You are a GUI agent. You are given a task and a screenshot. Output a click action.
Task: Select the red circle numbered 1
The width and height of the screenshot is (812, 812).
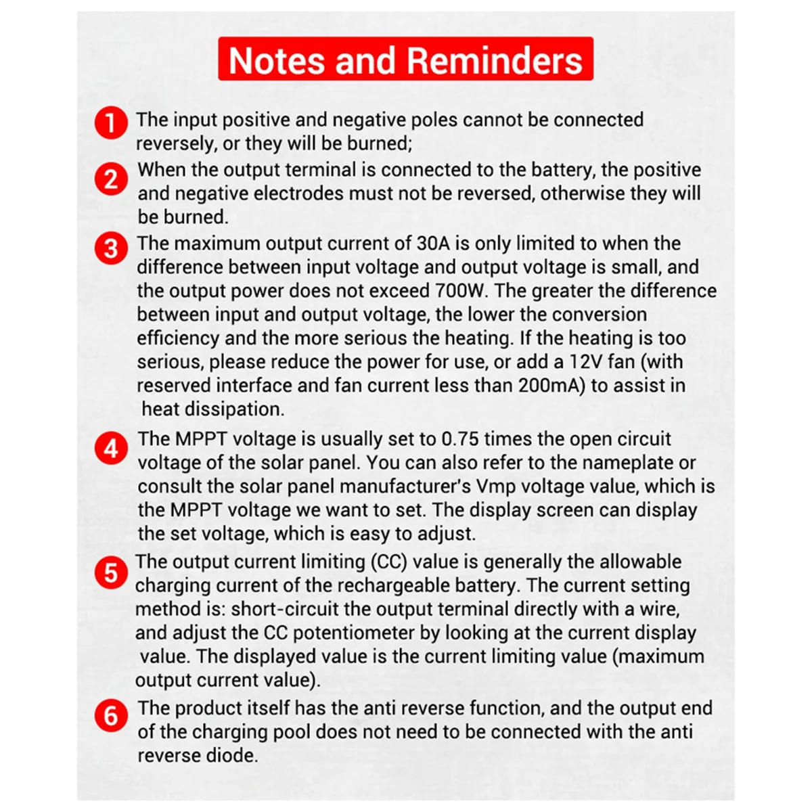tap(111, 123)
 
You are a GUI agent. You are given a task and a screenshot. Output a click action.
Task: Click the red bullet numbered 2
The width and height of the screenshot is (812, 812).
tap(111, 179)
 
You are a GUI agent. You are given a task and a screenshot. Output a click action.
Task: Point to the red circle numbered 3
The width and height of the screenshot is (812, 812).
tap(111, 248)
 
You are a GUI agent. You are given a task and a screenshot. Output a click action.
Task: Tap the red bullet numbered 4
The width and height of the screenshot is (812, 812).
tap(111, 448)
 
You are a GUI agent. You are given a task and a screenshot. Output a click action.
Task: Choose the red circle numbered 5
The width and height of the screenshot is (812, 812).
tap(111, 572)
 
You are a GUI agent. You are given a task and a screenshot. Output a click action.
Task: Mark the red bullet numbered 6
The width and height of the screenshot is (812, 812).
tap(111, 716)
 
